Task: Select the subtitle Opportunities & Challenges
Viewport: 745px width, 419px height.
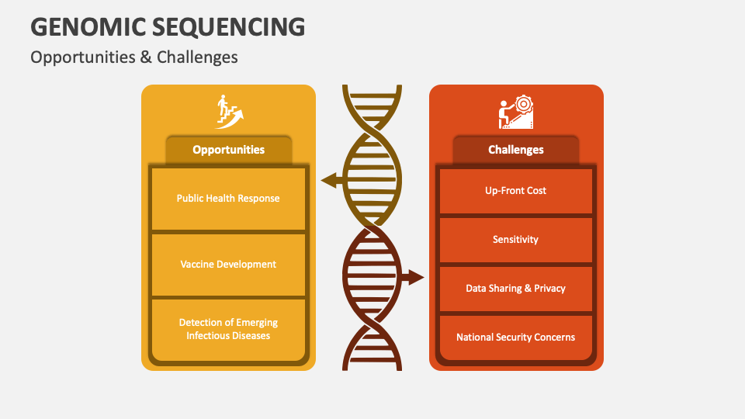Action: [134, 57]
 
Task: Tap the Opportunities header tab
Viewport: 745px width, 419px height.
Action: [228, 150]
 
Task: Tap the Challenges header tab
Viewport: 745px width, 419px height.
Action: [516, 150]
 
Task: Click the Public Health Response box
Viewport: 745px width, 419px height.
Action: [228, 199]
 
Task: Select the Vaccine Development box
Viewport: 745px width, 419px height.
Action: [228, 265]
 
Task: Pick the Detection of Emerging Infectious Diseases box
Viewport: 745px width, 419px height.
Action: [228, 329]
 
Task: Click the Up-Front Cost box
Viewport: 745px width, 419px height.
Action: [516, 191]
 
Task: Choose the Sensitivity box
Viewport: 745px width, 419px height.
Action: [516, 240]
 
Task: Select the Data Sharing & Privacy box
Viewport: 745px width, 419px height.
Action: [516, 289]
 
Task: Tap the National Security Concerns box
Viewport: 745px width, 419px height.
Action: [516, 338]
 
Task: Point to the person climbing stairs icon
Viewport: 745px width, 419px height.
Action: [229, 112]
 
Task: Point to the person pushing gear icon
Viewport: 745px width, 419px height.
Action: [516, 112]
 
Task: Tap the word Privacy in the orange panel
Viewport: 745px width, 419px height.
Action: [550, 289]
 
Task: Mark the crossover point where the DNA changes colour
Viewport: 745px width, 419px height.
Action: [372, 226]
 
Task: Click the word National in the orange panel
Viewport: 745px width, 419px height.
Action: [475, 338]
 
